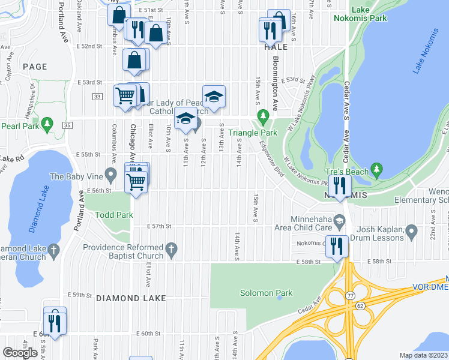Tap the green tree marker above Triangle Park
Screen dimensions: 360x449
(x=262, y=115)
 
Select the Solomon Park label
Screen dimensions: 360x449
(x=275, y=293)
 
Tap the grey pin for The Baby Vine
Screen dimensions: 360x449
(x=110, y=176)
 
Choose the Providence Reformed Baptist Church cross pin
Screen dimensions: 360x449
(x=171, y=248)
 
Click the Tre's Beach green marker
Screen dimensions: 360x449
(x=376, y=170)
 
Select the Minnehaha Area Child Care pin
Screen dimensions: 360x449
(x=340, y=223)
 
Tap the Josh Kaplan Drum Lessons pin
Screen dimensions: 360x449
(x=411, y=230)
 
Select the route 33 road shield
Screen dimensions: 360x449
(x=97, y=96)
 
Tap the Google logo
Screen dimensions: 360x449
(x=20, y=353)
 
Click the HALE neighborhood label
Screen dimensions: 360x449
(x=275, y=47)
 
